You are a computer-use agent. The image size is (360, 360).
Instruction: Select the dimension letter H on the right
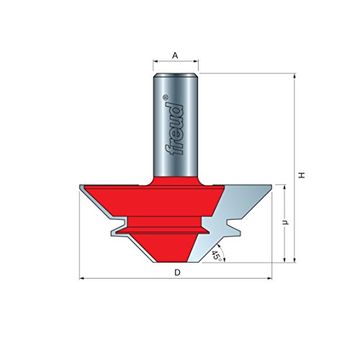[x=303, y=174]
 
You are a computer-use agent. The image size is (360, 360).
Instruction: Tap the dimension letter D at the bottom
[x=176, y=272]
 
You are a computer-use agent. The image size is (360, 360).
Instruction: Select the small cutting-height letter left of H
[x=286, y=223]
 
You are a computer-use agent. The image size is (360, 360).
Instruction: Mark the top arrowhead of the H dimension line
[x=295, y=76]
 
